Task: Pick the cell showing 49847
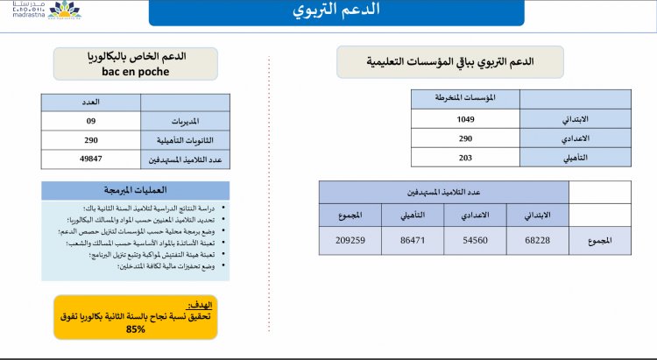tap(91, 159)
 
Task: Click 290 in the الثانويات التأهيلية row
tap(91, 140)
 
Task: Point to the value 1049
tap(465, 119)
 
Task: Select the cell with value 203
tap(465, 158)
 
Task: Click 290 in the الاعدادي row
tap(465, 138)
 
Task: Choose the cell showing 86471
tap(413, 239)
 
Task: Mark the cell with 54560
tap(476, 239)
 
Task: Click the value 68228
tap(538, 239)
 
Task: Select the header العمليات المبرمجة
tap(136, 190)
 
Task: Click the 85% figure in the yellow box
tap(136, 329)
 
